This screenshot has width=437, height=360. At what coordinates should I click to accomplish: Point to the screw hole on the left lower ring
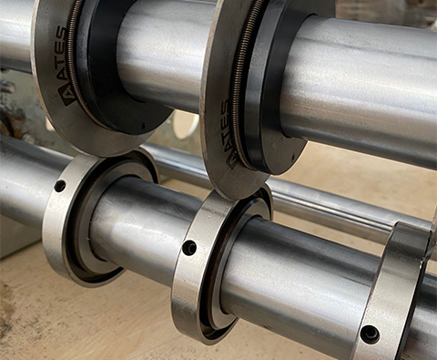click(60, 185)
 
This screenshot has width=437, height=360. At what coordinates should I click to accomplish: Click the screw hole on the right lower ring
click(370, 333)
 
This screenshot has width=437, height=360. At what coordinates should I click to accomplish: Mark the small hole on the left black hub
click(143, 125)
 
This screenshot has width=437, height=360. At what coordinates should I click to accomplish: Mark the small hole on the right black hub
click(293, 157)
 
